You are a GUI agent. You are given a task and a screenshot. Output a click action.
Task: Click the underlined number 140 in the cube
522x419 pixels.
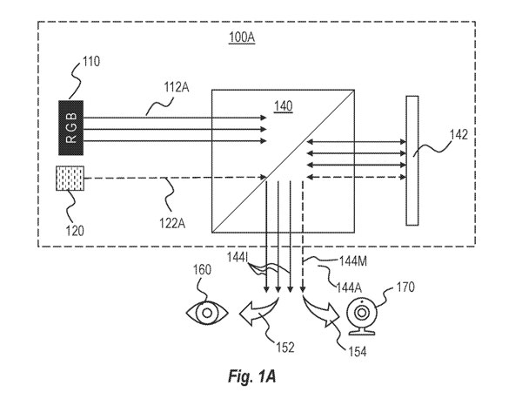[x=284, y=105]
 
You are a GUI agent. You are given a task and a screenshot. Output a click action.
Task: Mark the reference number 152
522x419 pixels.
[x=285, y=348]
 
